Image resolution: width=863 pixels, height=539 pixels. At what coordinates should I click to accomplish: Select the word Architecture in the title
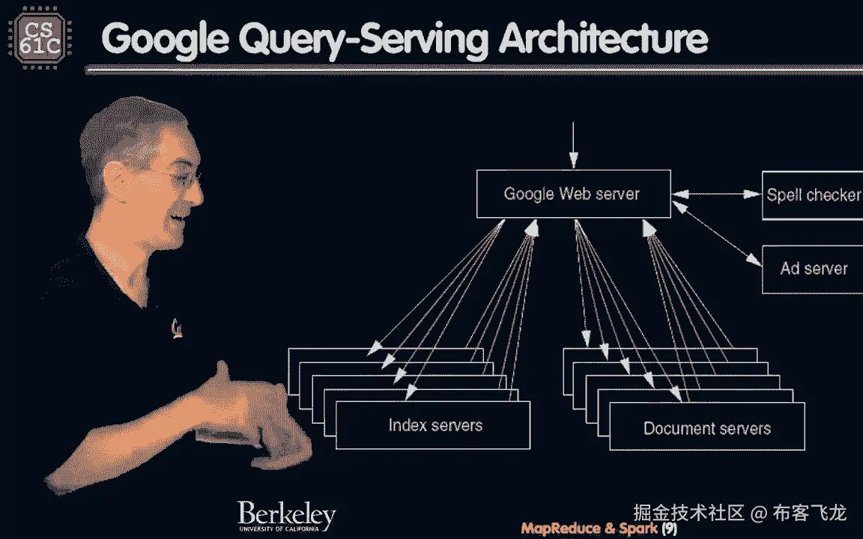[603, 39]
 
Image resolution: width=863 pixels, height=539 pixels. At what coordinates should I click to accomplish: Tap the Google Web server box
[573, 194]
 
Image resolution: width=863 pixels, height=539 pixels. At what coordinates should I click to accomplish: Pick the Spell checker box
[813, 195]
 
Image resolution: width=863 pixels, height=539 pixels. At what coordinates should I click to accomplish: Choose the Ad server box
[813, 269]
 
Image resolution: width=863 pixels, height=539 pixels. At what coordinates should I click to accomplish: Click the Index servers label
[434, 425]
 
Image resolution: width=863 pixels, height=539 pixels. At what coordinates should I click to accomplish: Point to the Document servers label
[706, 429]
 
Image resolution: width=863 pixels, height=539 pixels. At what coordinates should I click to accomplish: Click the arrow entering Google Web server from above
[573, 146]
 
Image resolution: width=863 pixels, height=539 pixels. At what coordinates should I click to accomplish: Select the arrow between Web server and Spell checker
[716, 195]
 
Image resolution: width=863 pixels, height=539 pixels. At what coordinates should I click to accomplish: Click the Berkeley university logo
[286, 517]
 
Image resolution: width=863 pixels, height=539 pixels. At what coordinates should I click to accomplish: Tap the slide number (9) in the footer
[669, 529]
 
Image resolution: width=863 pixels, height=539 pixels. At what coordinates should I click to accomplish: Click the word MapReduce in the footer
[560, 529]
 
